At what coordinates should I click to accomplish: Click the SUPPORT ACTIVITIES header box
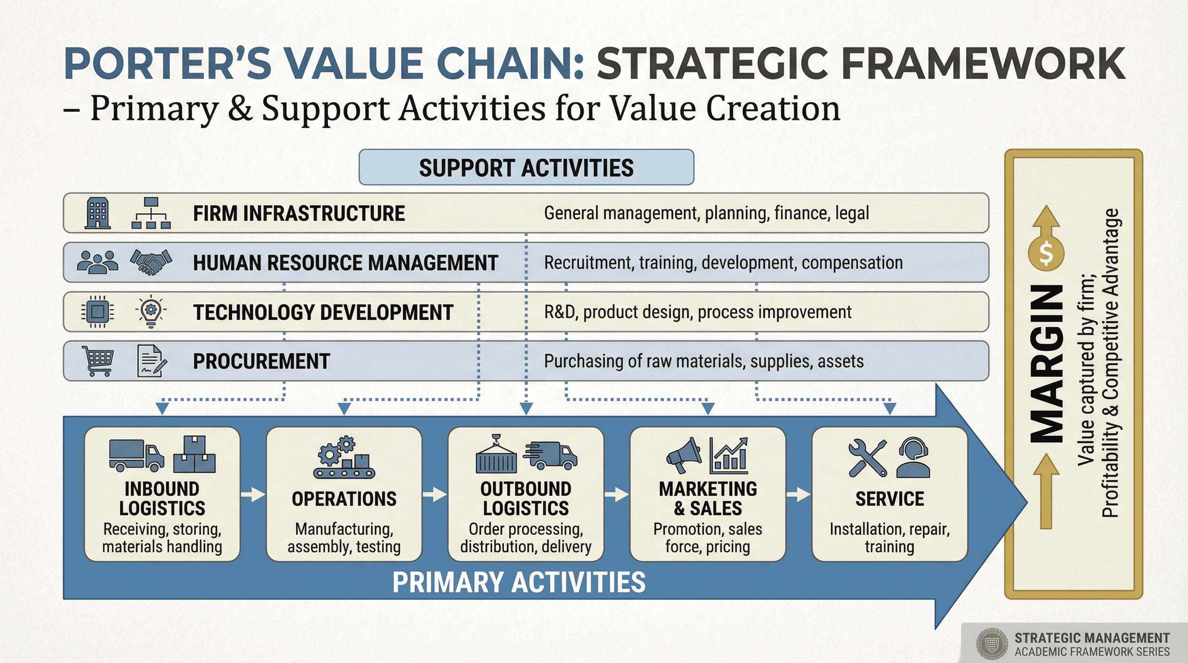pyautogui.click(x=526, y=167)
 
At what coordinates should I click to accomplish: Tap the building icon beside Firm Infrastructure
pyautogui.click(x=98, y=213)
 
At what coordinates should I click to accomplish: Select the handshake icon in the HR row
pyautogui.click(x=151, y=262)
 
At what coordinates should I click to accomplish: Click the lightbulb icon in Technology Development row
pyautogui.click(x=151, y=312)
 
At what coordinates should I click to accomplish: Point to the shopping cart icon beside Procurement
pyautogui.click(x=97, y=361)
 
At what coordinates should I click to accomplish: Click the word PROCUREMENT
pyautogui.click(x=261, y=361)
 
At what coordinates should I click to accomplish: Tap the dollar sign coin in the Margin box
pyautogui.click(x=1046, y=253)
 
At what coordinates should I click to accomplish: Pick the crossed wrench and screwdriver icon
pyautogui.click(x=867, y=458)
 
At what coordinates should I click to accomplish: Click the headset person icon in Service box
pyautogui.click(x=913, y=458)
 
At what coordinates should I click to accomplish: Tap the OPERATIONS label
pyautogui.click(x=344, y=499)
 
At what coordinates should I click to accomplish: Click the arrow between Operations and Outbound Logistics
pyautogui.click(x=434, y=495)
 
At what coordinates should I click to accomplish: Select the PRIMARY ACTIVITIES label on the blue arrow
pyautogui.click(x=519, y=582)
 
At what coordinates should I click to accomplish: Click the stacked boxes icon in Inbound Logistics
pyautogui.click(x=194, y=455)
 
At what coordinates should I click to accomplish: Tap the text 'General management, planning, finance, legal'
pyautogui.click(x=706, y=213)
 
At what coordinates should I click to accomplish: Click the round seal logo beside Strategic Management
pyautogui.click(x=992, y=644)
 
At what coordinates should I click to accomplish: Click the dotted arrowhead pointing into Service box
pyautogui.click(x=890, y=408)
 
